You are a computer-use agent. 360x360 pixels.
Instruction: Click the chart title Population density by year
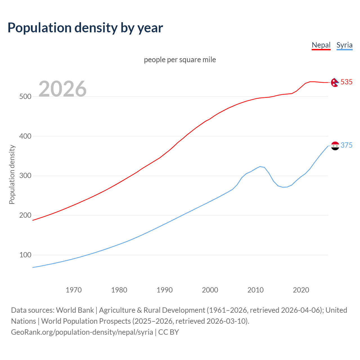point(85,28)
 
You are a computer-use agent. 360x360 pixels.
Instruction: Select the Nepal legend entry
point(321,45)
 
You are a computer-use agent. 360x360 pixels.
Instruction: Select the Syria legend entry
point(344,45)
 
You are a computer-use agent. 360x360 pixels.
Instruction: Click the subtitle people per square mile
point(180,60)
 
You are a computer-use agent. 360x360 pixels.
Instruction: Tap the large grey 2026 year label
point(62,89)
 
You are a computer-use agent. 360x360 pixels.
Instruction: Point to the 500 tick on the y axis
point(25,96)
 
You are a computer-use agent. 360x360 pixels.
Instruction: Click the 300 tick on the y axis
point(25,176)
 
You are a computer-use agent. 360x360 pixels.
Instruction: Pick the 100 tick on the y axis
point(25,255)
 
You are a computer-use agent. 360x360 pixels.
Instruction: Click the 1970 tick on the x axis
point(74,290)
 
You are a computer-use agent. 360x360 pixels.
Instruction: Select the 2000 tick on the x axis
point(210,290)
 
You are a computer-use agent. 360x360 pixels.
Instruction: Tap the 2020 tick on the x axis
point(301,290)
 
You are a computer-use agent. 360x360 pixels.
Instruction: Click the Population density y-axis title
point(12,174)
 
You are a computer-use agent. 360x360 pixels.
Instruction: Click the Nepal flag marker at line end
point(335,82)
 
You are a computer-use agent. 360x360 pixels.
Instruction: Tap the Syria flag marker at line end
point(335,146)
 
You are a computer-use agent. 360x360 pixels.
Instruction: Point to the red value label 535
point(346,82)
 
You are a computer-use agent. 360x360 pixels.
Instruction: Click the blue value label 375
point(346,145)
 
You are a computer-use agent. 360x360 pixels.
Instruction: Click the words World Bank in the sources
point(75,310)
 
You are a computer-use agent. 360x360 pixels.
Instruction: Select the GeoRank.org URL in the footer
point(82,332)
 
